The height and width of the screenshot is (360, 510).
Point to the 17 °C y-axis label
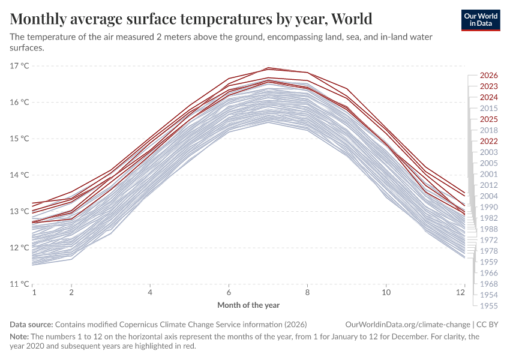20,65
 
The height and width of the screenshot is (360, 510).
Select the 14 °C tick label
20,175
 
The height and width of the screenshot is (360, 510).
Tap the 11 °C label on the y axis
20,284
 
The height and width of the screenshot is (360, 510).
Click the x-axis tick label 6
229,292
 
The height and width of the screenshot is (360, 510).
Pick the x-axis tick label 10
386,292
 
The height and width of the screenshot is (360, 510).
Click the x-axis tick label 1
34,292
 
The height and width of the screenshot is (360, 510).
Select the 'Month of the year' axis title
248,305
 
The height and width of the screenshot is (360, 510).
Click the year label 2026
489,76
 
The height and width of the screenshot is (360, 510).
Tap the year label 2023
489,86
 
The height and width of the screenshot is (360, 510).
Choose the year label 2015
489,108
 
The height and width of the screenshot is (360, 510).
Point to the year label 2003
489,152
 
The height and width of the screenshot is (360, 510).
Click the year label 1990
489,207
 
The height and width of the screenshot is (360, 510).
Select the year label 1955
489,306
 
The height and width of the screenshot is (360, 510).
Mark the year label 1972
489,240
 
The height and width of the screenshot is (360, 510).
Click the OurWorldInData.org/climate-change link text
406,324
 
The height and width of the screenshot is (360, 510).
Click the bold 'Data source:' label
31,324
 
